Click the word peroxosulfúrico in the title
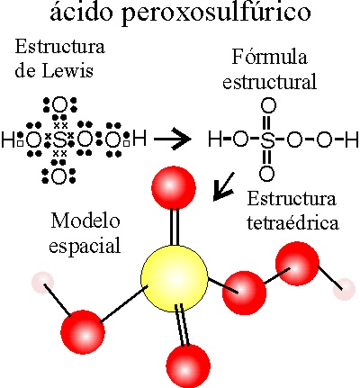[x=216, y=14]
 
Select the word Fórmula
[x=270, y=57]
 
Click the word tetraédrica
[x=292, y=222]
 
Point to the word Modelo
[x=85, y=221]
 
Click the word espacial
[x=85, y=246]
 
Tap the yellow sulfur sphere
[x=175, y=278]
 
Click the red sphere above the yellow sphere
[x=174, y=187]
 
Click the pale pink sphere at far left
[x=43, y=283]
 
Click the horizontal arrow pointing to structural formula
[x=173, y=140]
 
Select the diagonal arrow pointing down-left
[x=223, y=186]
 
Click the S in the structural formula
[x=267, y=140]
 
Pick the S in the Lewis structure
[x=59, y=140]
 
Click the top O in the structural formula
[x=267, y=106]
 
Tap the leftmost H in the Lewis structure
[x=8, y=140]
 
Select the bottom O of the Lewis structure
[x=59, y=176]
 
